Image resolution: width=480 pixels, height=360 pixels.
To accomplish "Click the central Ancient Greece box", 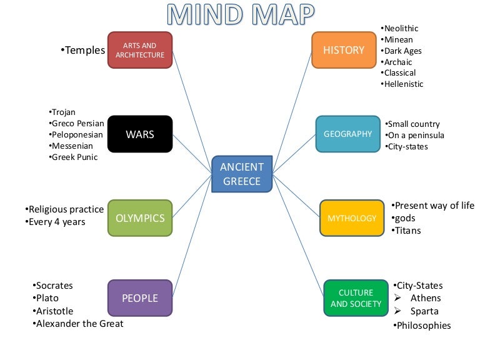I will (242, 173).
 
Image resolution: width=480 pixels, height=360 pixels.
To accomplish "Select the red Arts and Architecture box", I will (139, 50).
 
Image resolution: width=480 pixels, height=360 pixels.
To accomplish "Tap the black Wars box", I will (139, 134).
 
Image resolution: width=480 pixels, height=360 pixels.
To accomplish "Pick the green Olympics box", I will (139, 218).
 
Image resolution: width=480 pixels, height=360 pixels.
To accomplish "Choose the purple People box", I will (139, 298).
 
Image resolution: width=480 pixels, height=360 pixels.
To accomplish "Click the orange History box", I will (343, 50).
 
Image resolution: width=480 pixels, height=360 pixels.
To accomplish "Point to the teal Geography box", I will (347, 134).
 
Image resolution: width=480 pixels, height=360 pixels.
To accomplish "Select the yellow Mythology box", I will (351, 218).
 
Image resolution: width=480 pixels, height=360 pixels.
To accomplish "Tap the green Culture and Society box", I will (356, 298).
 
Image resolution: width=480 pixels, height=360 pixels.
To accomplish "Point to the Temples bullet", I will (85, 50).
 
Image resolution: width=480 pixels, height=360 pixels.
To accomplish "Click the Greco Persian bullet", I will (77, 123).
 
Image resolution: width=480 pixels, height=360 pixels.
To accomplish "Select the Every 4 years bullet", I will (57, 222).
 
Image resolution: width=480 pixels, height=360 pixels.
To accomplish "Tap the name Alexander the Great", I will (79, 324).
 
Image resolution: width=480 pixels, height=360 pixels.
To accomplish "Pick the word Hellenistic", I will (403, 84).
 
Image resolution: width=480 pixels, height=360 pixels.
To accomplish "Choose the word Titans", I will (407, 231).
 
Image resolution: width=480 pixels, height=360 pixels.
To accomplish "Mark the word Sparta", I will (424, 311).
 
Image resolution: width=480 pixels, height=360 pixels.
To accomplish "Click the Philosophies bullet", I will (423, 326).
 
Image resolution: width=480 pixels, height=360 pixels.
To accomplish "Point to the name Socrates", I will (54, 286).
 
